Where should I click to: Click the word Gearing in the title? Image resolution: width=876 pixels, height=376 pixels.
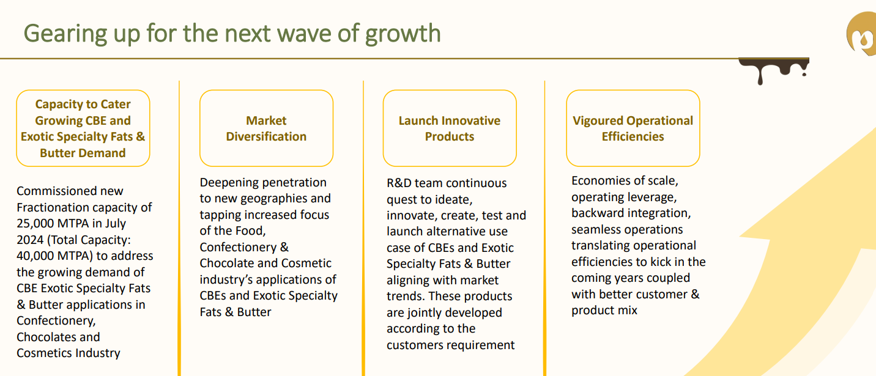65,34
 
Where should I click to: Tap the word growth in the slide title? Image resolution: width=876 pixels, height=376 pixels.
403,34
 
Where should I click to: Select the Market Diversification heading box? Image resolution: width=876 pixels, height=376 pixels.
266,128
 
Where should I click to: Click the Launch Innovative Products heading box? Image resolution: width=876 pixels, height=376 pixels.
450,128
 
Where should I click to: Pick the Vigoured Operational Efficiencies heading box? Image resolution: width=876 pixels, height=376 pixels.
633,128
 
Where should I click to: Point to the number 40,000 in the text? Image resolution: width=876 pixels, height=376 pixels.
35,256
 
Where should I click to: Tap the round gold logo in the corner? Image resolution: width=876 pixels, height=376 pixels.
862,34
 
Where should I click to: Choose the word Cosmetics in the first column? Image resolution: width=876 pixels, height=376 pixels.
44,353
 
